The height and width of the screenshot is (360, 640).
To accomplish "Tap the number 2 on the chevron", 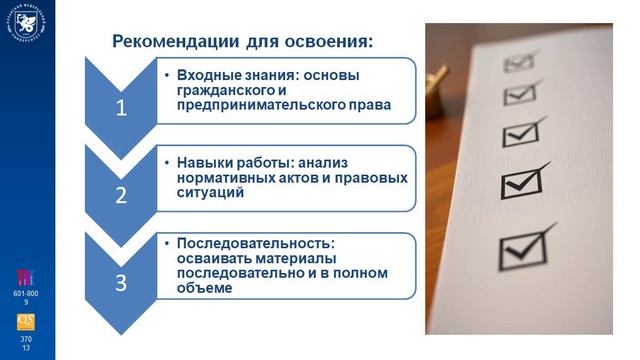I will (121, 195).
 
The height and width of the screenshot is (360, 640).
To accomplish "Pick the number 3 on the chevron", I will (121, 282).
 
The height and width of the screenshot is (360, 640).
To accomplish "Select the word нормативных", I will (222, 177).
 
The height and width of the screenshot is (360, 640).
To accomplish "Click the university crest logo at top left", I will (27, 24).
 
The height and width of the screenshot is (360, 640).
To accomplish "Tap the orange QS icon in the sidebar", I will (27, 322).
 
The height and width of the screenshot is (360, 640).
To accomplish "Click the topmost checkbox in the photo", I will (518, 63).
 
